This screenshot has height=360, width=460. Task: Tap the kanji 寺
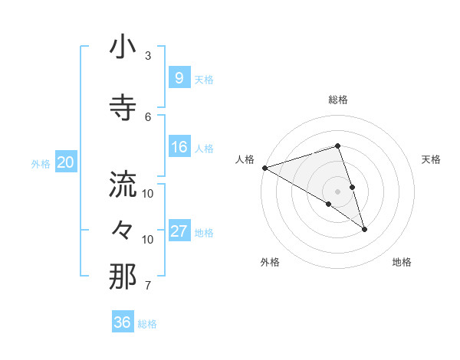point(123,108)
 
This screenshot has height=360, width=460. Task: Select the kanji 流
point(123,185)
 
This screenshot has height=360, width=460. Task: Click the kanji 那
point(123,277)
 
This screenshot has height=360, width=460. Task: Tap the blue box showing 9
point(179,78)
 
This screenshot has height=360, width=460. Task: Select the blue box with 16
point(179,147)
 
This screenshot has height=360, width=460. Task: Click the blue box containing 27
point(179,231)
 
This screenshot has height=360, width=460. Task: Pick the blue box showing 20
point(66,162)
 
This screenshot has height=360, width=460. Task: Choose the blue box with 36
point(122,322)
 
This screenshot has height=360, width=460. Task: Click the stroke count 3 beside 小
point(148,56)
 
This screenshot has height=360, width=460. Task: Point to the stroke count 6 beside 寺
point(148,116)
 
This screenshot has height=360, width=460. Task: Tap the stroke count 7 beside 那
point(148,286)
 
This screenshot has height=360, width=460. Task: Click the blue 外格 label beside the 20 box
point(41,163)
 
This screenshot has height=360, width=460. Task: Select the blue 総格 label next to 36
point(147,324)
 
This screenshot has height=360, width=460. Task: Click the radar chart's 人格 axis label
point(245,159)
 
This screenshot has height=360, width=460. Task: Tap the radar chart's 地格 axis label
point(402,262)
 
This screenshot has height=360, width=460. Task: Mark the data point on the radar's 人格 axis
point(264,167)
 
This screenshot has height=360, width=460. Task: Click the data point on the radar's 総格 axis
point(337,146)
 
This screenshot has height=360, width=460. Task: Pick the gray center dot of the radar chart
point(337,191)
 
